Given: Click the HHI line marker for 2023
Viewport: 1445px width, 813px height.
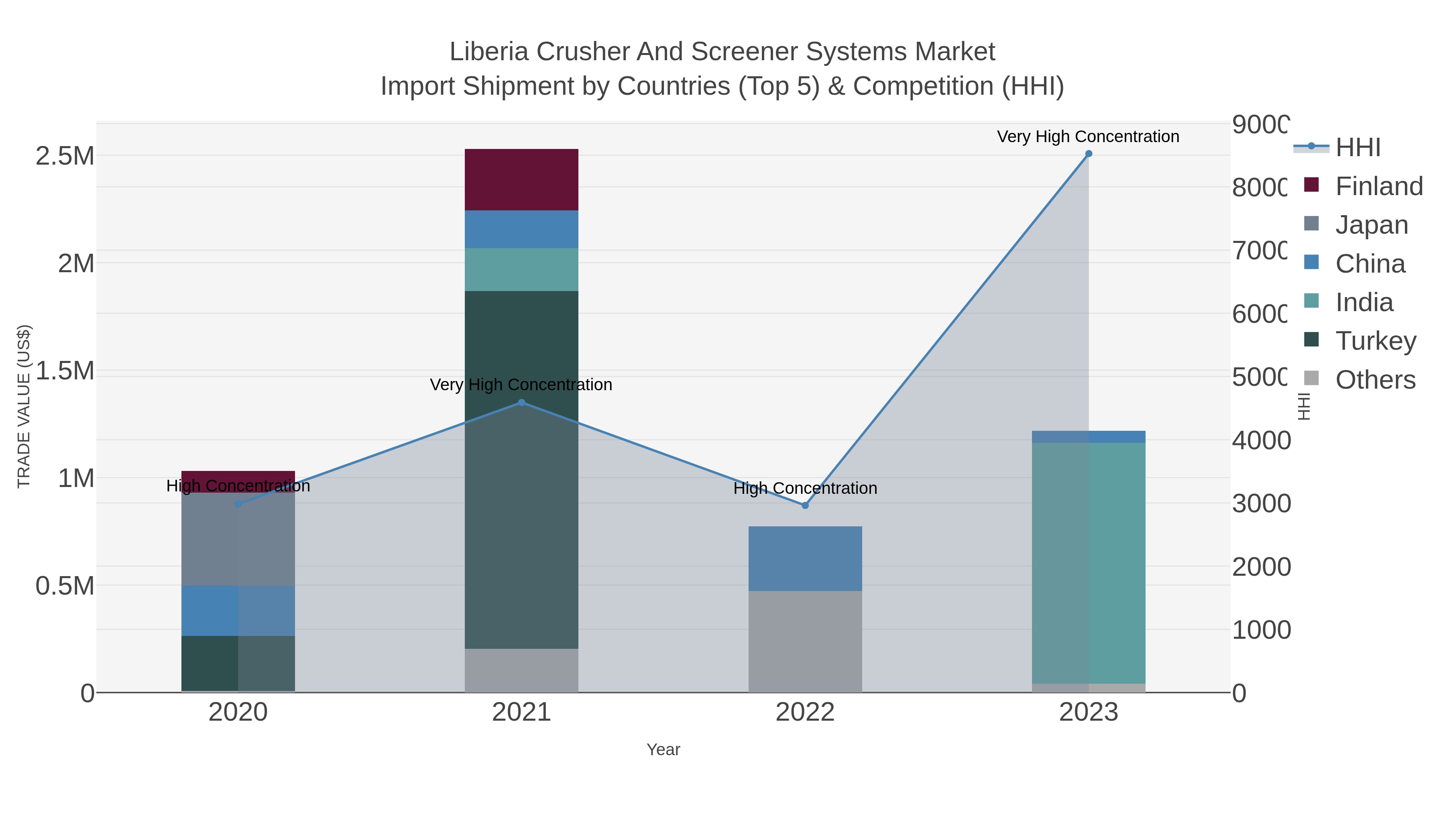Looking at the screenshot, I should pyautogui.click(x=1088, y=154).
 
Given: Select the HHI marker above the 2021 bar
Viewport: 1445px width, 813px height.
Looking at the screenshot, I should pyautogui.click(x=521, y=402).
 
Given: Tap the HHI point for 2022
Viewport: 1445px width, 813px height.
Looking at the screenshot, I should pyautogui.click(x=805, y=505).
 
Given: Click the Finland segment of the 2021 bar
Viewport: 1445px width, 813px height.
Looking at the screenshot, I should pyautogui.click(x=521, y=179).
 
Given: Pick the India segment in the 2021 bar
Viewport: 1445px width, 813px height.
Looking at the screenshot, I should pyautogui.click(x=521, y=269).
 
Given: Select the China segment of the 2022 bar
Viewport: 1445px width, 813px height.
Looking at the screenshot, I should pyautogui.click(x=805, y=558).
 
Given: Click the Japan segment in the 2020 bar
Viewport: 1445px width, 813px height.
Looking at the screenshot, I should pyautogui.click(x=238, y=539).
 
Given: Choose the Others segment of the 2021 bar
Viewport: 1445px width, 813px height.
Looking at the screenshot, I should pyautogui.click(x=521, y=670).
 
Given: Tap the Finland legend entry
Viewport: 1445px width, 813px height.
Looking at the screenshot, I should pyautogui.click(x=1379, y=186).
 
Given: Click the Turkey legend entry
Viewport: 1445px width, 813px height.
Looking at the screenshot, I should pyautogui.click(x=1376, y=340).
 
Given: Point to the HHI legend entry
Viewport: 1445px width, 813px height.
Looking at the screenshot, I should pyautogui.click(x=1357, y=147).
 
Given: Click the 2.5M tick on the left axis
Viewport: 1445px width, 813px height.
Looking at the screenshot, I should pyautogui.click(x=65, y=156).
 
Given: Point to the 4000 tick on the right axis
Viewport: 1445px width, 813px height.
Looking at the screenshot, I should pyautogui.click(x=1261, y=440).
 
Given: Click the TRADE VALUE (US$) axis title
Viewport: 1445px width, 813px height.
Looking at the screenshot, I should pyautogui.click(x=24, y=406).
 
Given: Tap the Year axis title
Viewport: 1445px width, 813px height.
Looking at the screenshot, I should pyautogui.click(x=663, y=750).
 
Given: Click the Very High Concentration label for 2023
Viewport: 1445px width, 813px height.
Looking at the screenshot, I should pyautogui.click(x=1088, y=137).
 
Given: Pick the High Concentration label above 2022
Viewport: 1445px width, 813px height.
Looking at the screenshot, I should pyautogui.click(x=805, y=488).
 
